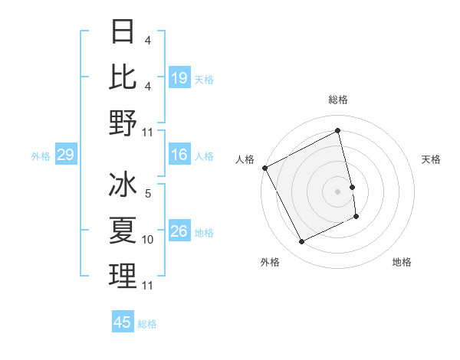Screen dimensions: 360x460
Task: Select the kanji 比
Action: (123, 76)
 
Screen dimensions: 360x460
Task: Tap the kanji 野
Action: (123, 122)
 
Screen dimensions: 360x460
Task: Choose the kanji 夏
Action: (123, 230)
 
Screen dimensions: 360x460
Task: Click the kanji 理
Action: (123, 276)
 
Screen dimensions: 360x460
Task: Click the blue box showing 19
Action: (179, 77)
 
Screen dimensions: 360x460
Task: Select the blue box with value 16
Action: (179, 155)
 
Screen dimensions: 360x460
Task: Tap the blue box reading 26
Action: (179, 232)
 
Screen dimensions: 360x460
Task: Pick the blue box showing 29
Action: (65, 155)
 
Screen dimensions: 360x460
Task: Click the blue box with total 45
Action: (123, 322)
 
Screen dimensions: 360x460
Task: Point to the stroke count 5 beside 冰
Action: (148, 194)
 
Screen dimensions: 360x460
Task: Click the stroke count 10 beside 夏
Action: (148, 240)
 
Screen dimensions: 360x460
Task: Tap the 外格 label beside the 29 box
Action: (41, 156)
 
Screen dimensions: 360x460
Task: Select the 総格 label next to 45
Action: (147, 324)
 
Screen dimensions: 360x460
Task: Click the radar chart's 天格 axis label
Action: (431, 159)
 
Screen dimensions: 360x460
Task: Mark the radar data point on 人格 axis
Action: (264, 168)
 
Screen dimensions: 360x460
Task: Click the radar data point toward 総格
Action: (337, 131)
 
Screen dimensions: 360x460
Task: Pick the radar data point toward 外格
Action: (301, 242)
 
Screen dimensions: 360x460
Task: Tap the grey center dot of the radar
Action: (337, 191)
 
